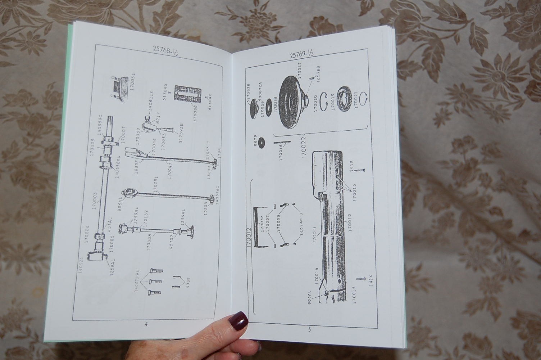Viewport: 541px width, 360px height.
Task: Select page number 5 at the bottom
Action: pyautogui.click(x=309, y=329)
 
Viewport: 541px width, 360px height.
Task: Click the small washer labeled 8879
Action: pyautogui.click(x=259, y=141)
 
